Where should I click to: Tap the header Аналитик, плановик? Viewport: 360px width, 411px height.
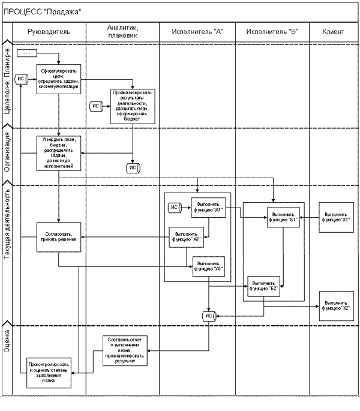pos(122,31)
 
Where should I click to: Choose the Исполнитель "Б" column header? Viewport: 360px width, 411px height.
pos(272,31)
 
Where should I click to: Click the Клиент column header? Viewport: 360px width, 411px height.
pos(334,31)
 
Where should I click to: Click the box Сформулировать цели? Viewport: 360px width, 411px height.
pos(58,79)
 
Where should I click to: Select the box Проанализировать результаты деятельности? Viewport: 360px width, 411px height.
pos(132,106)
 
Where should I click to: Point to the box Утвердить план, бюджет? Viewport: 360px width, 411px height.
pos(58,153)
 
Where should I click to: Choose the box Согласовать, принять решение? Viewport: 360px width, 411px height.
pos(58,237)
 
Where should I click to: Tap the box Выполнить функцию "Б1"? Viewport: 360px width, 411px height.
pos(283,216)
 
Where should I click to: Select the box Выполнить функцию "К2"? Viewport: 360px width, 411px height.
pos(336,306)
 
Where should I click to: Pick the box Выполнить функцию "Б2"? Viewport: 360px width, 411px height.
pos(264,286)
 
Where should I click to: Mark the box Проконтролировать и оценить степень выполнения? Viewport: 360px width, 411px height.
pos(49,372)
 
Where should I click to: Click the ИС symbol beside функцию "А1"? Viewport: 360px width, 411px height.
pos(175,208)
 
